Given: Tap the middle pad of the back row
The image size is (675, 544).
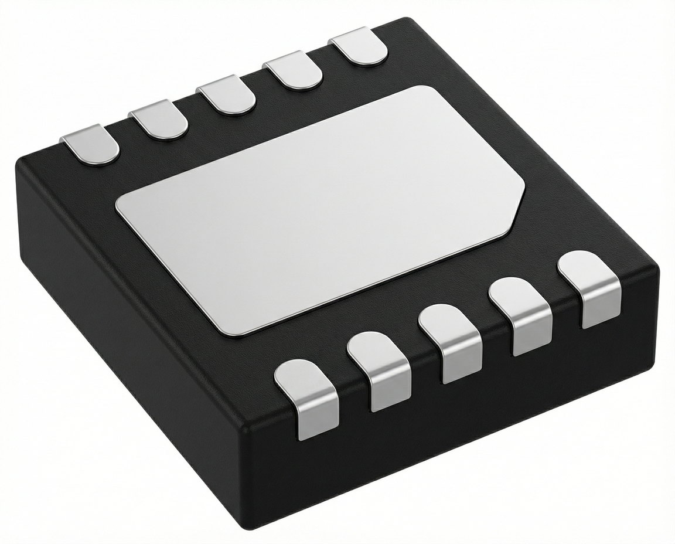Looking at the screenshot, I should click(226, 97).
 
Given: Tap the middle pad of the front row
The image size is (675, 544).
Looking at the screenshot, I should click(451, 343).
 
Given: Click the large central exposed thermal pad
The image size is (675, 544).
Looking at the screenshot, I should click(319, 208).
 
